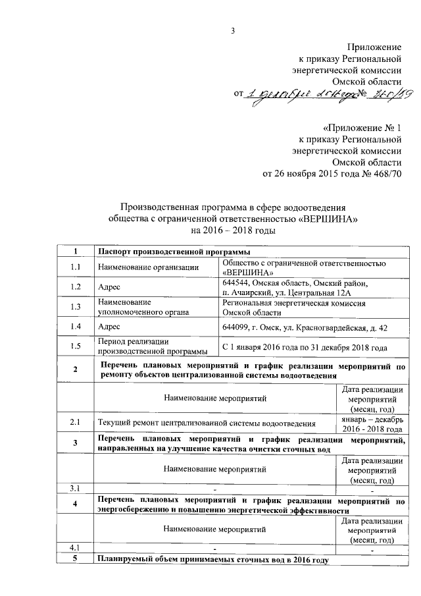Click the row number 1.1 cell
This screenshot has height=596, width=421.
click(75, 267)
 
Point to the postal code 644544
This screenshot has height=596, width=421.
click(239, 283)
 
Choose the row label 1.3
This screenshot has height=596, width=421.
click(75, 307)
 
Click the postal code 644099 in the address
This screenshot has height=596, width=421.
click(239, 327)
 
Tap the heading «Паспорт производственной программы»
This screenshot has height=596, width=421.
click(174, 252)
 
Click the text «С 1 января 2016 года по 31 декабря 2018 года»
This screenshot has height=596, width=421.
click(305, 347)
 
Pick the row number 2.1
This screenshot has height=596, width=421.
click(75, 421)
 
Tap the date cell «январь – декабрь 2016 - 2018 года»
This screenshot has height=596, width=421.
click(372, 421)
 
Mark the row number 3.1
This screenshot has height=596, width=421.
click(75, 488)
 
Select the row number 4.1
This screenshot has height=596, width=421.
click(75, 549)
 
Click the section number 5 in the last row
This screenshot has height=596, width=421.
click(75, 560)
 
